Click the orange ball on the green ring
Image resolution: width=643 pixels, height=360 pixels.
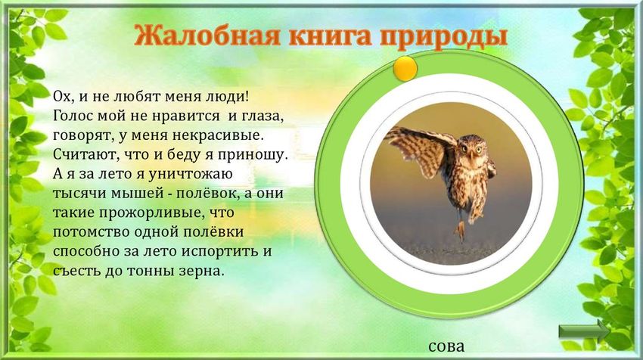[x=406, y=68]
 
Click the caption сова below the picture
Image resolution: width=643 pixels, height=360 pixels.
[x=446, y=347]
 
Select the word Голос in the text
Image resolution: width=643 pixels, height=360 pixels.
[x=73, y=116]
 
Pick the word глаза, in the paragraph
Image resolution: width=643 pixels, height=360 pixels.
[x=266, y=116]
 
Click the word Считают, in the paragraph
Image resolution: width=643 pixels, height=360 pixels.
[x=85, y=154]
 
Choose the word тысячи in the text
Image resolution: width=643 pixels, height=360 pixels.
[x=79, y=193]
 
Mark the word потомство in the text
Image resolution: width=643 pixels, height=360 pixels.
[x=89, y=231]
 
